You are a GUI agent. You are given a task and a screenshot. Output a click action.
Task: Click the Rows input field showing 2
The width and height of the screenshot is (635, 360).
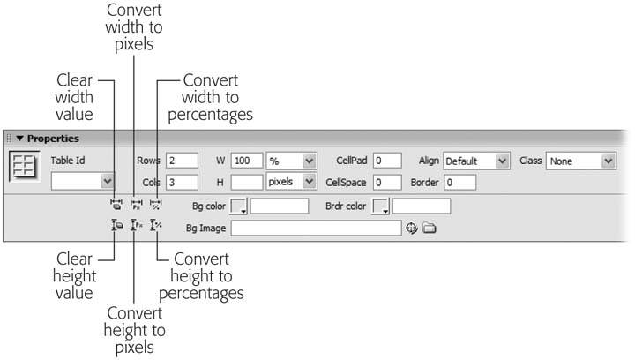pyautogui.click(x=183, y=161)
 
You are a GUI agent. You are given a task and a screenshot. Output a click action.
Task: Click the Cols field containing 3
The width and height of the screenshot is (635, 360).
pyautogui.click(x=183, y=183)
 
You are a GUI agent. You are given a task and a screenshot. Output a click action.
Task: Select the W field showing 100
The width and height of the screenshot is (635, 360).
pyautogui.click(x=248, y=161)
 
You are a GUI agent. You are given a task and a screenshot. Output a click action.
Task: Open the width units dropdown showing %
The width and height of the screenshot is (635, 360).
pyautogui.click(x=291, y=161)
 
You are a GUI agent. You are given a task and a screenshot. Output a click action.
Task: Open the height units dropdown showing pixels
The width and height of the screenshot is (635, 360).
pyautogui.click(x=291, y=181)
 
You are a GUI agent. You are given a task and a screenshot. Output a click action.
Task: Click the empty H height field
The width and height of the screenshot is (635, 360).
pyautogui.click(x=248, y=183)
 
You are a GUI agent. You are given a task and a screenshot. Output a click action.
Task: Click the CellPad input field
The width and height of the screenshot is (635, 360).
pyautogui.click(x=387, y=161)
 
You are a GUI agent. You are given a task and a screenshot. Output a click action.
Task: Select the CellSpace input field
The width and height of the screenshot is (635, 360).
pyautogui.click(x=387, y=183)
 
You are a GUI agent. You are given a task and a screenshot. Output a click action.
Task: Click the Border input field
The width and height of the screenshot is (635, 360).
pyautogui.click(x=459, y=183)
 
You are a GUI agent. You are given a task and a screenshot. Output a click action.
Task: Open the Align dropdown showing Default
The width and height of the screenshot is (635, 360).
pyautogui.click(x=476, y=161)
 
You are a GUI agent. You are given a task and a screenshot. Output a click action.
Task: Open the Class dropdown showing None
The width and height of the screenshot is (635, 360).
pyautogui.click(x=580, y=161)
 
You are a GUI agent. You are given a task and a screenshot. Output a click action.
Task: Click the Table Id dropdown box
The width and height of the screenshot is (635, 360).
pyautogui.click(x=83, y=181)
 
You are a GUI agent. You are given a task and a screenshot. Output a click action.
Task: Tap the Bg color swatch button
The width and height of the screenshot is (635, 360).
pyautogui.click(x=239, y=206)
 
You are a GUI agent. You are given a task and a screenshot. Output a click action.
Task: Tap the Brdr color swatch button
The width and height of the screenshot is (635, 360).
pyautogui.click(x=380, y=206)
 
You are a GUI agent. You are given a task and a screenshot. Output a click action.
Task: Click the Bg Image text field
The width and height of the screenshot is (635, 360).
pyautogui.click(x=317, y=229)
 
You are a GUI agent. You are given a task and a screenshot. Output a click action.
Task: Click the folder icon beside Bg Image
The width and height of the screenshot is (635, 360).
pyautogui.click(x=430, y=229)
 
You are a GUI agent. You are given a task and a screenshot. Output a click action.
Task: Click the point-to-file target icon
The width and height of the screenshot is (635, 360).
pyautogui.click(x=412, y=229)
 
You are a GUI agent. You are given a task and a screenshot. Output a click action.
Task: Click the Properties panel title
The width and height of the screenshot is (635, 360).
pyautogui.click(x=53, y=139)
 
